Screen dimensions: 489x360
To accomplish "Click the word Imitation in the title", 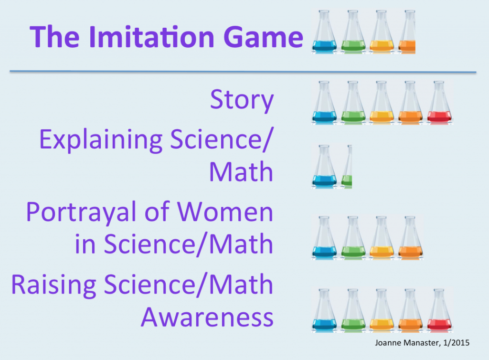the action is point(151,37).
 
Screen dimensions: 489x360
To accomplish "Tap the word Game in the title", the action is point(264,37).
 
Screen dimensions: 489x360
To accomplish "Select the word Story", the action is point(242,100).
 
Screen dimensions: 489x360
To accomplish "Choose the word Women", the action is point(225,212).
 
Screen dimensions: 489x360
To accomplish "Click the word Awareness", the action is point(207,317).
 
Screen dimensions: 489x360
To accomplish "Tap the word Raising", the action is point(53,286).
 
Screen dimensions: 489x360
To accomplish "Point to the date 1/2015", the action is point(456,343).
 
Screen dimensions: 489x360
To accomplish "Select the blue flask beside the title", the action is point(324,32).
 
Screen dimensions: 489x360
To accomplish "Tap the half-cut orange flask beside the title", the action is point(407,32).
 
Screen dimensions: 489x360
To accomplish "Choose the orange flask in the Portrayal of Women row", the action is point(410,238).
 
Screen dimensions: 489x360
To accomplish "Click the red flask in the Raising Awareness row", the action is point(439,310).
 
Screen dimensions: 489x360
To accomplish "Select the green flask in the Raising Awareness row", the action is point(353,310).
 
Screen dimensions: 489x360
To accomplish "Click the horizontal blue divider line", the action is point(243,72).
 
